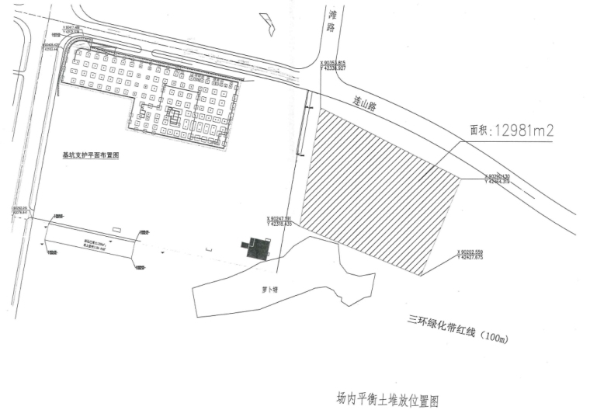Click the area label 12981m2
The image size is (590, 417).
[525, 130]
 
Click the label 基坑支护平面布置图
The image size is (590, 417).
[95, 155]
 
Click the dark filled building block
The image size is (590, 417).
[257, 248]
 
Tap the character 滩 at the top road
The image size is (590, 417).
[331, 14]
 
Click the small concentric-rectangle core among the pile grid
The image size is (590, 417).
[175, 116]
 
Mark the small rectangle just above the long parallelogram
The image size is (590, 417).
[116, 228]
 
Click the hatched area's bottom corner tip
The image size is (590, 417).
[422, 274]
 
